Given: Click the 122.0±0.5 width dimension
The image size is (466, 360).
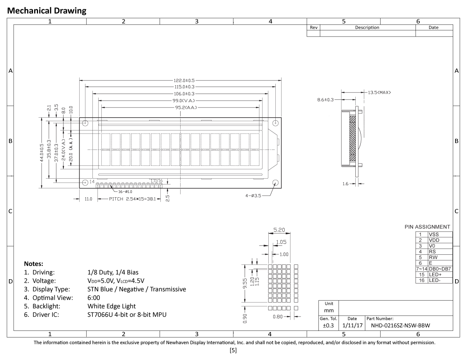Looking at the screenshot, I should click(x=180, y=80).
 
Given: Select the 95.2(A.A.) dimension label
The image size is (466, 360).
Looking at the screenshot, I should click(x=181, y=107).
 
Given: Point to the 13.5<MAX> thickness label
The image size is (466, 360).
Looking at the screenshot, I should click(x=379, y=92).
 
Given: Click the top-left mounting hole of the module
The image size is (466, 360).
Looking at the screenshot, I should click(x=85, y=123).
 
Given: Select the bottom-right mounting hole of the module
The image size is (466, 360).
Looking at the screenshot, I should click(x=275, y=183).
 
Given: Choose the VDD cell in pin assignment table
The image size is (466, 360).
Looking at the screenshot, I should click(x=434, y=240).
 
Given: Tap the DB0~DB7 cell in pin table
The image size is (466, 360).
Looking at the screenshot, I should click(x=440, y=269).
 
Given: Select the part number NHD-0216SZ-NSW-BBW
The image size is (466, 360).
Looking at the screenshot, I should click(x=400, y=325).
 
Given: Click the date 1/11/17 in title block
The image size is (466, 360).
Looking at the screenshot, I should click(x=352, y=325).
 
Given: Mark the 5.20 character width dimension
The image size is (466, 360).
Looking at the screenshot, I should click(x=279, y=230).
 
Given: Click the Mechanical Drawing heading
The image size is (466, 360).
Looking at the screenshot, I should click(x=47, y=11).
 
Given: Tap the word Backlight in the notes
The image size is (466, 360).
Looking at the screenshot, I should click(x=45, y=306).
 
